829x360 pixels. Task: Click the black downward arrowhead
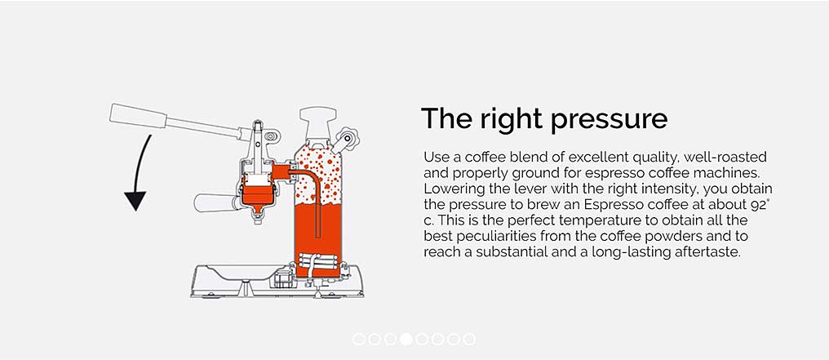tap(135, 201)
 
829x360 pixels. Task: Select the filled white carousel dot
tap(406, 340)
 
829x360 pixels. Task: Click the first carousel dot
tap(358, 340)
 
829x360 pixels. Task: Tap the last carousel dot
tap(469, 340)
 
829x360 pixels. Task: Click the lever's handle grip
tap(138, 116)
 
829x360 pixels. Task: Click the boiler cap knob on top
tap(317, 115)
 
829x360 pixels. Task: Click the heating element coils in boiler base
tap(317, 262)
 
